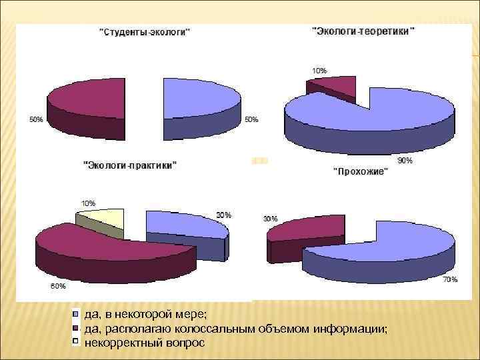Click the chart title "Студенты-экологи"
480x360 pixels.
point(145,31)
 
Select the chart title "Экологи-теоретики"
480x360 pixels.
point(363,31)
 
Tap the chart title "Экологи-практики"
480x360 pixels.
point(129,164)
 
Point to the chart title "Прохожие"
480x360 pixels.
point(360,172)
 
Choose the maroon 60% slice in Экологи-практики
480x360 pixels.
point(107,247)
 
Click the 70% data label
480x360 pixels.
point(450,280)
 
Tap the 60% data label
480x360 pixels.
point(58,286)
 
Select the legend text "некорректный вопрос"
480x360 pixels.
point(144,342)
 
